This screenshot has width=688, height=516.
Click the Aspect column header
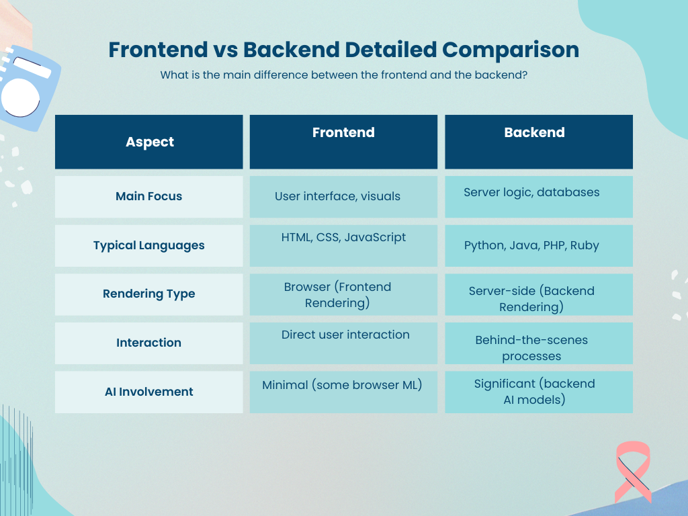[x=148, y=142]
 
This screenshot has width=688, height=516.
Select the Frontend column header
[x=343, y=142]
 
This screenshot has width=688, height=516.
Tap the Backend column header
[x=539, y=142]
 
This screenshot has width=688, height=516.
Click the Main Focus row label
[x=148, y=197]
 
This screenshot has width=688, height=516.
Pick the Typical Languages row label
[x=148, y=246]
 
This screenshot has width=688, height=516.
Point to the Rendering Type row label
[x=148, y=294]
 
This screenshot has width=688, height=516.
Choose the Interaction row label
[x=148, y=343]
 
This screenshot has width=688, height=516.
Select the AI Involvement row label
[x=148, y=392]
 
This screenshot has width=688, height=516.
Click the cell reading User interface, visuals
[x=343, y=197]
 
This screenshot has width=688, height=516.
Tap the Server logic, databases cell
[x=539, y=197]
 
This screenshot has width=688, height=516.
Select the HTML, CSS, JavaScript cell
[x=343, y=246]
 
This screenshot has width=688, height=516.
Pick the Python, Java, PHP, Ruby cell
[x=539, y=246]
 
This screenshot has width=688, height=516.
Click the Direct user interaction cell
[x=343, y=343]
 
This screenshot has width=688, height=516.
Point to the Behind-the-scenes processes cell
[x=539, y=343]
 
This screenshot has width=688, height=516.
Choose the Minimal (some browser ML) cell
[x=343, y=392]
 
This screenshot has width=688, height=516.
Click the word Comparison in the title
[x=511, y=50]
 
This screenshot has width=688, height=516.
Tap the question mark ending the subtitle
[x=524, y=75]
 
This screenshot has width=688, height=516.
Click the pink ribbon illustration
[x=633, y=472]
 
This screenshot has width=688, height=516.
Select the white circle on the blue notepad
[x=20, y=97]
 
